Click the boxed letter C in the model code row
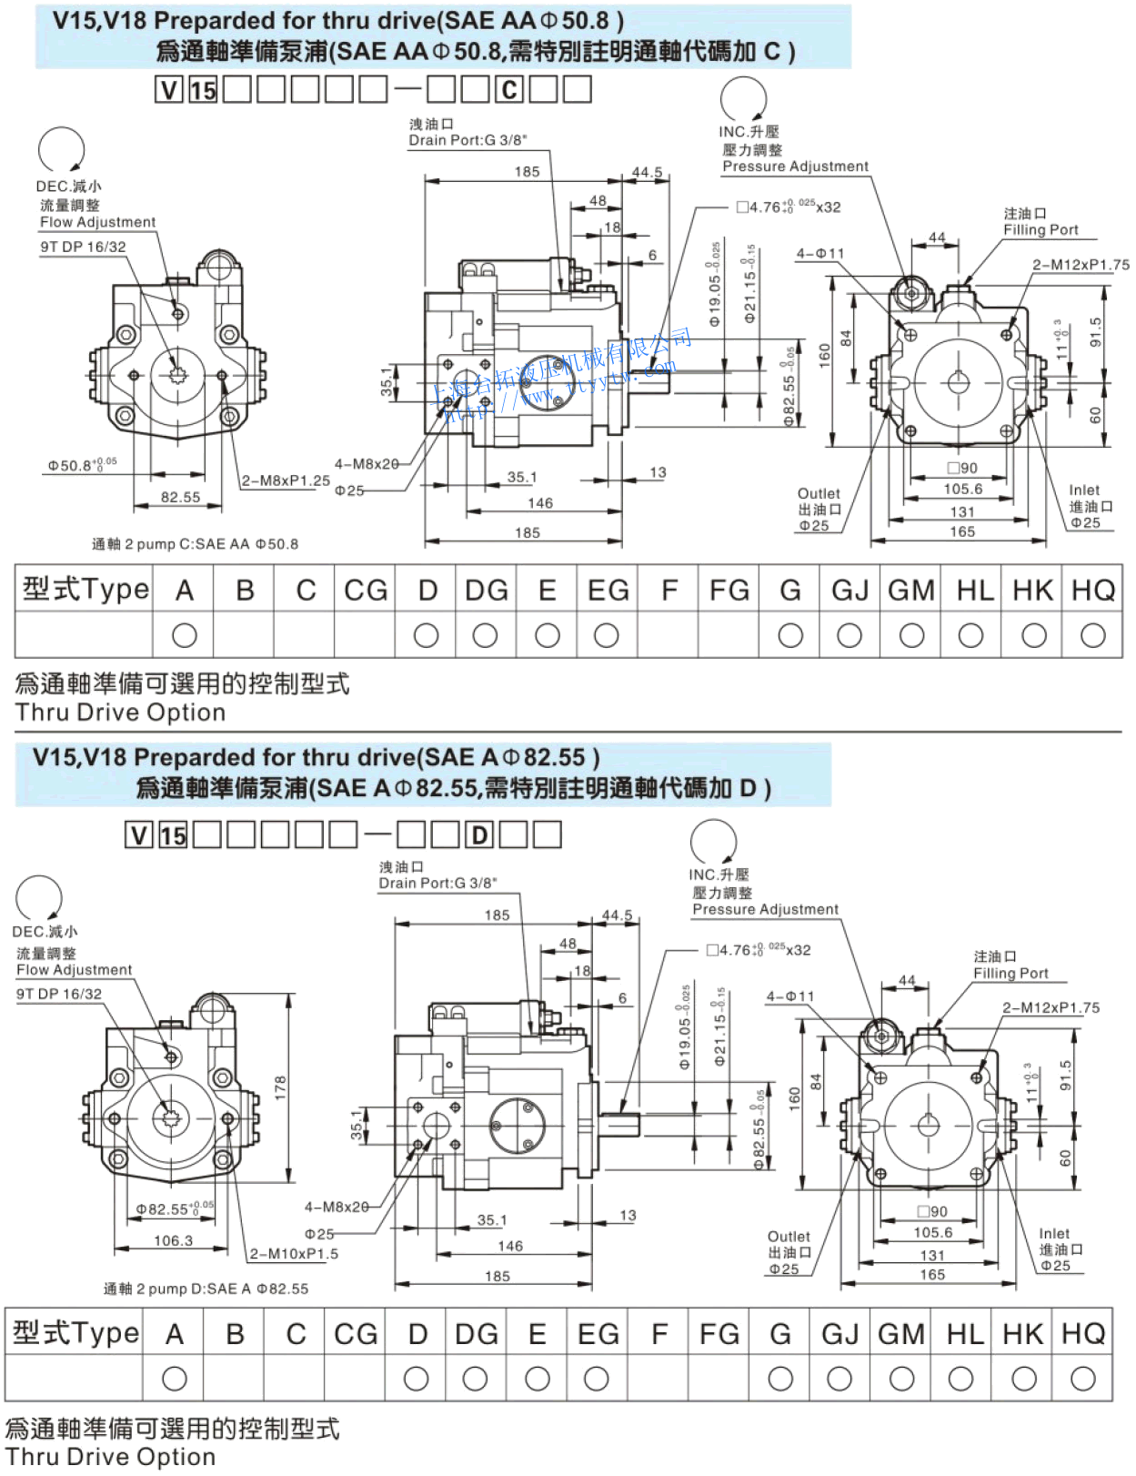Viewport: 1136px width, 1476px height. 509,89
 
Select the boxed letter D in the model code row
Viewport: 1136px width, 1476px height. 479,834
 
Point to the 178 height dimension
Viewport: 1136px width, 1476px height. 280,1086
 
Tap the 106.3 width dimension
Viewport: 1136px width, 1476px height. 173,1240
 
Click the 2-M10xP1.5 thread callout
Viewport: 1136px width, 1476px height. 294,1253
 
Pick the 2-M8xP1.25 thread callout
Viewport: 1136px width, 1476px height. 286,480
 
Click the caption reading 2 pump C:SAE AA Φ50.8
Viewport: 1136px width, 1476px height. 196,544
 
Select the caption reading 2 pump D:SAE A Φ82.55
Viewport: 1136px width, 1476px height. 206,1289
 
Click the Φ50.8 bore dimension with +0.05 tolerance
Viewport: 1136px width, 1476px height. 82,465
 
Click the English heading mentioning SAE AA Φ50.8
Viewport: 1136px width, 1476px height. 338,20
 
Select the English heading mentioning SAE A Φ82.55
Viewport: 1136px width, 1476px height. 317,757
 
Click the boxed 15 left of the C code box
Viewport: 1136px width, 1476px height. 203,89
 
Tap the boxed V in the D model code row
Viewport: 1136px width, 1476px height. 138,834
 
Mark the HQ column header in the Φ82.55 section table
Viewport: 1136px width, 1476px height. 1082,1334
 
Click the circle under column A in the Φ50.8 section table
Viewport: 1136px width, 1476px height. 184,635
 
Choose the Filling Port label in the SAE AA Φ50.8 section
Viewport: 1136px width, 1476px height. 1040,230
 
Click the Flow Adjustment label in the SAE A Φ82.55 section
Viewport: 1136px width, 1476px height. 75,970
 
